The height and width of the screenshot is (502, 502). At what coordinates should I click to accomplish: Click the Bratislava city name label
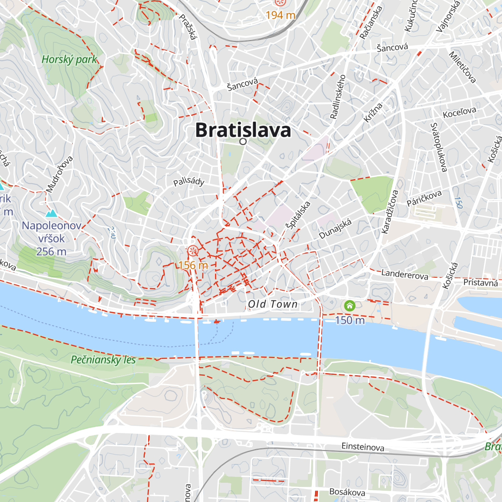[243, 130]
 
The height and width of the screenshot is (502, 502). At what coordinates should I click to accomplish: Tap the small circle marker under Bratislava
[243, 142]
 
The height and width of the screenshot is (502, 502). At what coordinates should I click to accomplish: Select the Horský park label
[69, 59]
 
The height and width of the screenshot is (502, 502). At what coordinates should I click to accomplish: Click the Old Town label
[273, 304]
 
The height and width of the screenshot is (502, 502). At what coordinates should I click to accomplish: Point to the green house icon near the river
[349, 306]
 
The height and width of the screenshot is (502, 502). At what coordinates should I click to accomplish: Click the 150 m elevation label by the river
[350, 320]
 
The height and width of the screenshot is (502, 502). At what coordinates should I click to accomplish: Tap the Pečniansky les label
[103, 360]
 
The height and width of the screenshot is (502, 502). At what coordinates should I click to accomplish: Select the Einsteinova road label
[363, 447]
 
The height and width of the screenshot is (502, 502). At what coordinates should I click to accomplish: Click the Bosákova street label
[347, 492]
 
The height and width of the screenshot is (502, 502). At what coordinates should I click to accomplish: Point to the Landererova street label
[405, 274]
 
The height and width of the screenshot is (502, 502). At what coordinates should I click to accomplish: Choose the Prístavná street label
[481, 283]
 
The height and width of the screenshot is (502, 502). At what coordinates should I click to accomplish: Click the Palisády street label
[189, 181]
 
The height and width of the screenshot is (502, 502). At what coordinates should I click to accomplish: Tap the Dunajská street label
[336, 229]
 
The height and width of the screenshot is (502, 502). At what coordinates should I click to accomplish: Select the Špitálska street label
[298, 215]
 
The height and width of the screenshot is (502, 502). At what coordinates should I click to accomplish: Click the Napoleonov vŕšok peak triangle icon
[51, 213]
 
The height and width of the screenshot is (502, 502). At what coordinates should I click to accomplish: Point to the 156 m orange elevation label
[193, 265]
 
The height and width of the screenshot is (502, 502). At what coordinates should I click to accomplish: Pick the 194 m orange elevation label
[280, 15]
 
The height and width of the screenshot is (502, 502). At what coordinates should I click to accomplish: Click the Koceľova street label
[459, 112]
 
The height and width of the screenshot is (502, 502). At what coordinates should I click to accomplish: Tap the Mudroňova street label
[59, 174]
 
